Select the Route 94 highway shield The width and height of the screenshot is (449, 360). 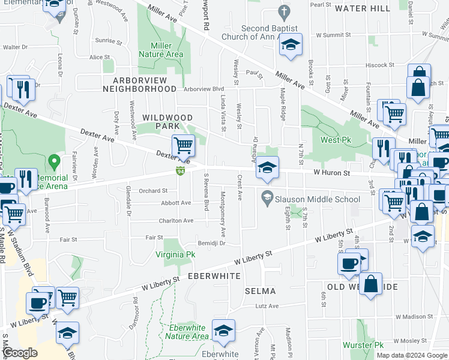tap(180, 172)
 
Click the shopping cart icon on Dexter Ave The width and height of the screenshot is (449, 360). tap(183, 145)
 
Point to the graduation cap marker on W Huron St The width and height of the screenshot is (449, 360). tap(268, 167)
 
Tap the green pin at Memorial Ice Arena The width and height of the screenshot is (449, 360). tap(54, 161)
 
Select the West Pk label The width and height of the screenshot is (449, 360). tap(335, 140)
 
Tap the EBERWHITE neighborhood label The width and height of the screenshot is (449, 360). tap(214, 276)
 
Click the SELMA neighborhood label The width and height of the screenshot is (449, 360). tap(261, 291)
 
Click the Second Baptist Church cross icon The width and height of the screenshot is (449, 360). tap(285, 11)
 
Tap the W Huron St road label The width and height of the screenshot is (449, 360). tap(331, 173)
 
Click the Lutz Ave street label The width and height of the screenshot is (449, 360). tap(267, 306)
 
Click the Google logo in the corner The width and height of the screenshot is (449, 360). tap(20, 353)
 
